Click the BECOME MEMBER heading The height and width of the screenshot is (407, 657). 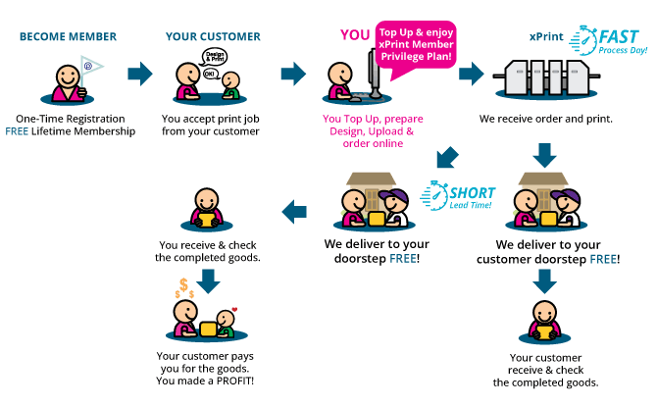click(68, 37)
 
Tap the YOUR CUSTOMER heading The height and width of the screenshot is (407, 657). click(213, 37)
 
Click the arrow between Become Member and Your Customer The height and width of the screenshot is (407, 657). click(141, 74)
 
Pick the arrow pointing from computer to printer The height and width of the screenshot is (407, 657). click(471, 74)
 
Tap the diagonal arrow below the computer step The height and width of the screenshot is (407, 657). click(447, 157)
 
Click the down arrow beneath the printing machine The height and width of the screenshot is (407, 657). click(546, 155)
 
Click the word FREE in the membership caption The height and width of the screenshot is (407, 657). click(17, 131)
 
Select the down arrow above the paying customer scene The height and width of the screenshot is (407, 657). click(208, 278)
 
